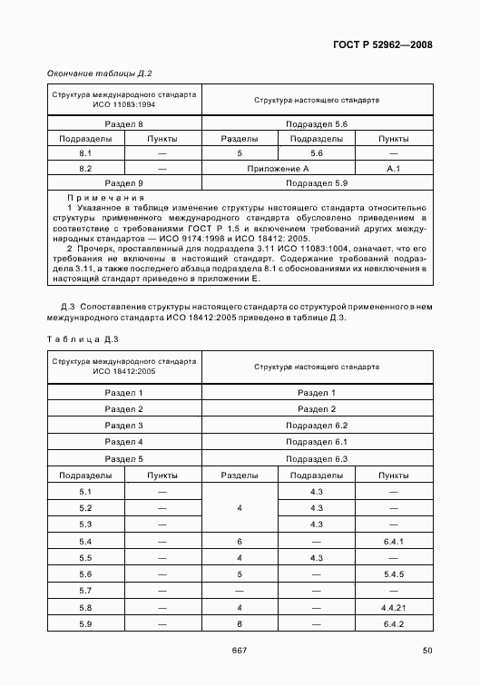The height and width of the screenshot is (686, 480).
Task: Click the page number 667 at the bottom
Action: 240,648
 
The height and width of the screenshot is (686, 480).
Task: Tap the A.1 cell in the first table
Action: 393,169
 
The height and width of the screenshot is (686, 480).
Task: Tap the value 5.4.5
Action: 393,573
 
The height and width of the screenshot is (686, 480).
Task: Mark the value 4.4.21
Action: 393,606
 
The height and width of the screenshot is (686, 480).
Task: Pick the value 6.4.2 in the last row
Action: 393,623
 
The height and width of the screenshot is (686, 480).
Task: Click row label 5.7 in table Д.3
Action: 86,590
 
